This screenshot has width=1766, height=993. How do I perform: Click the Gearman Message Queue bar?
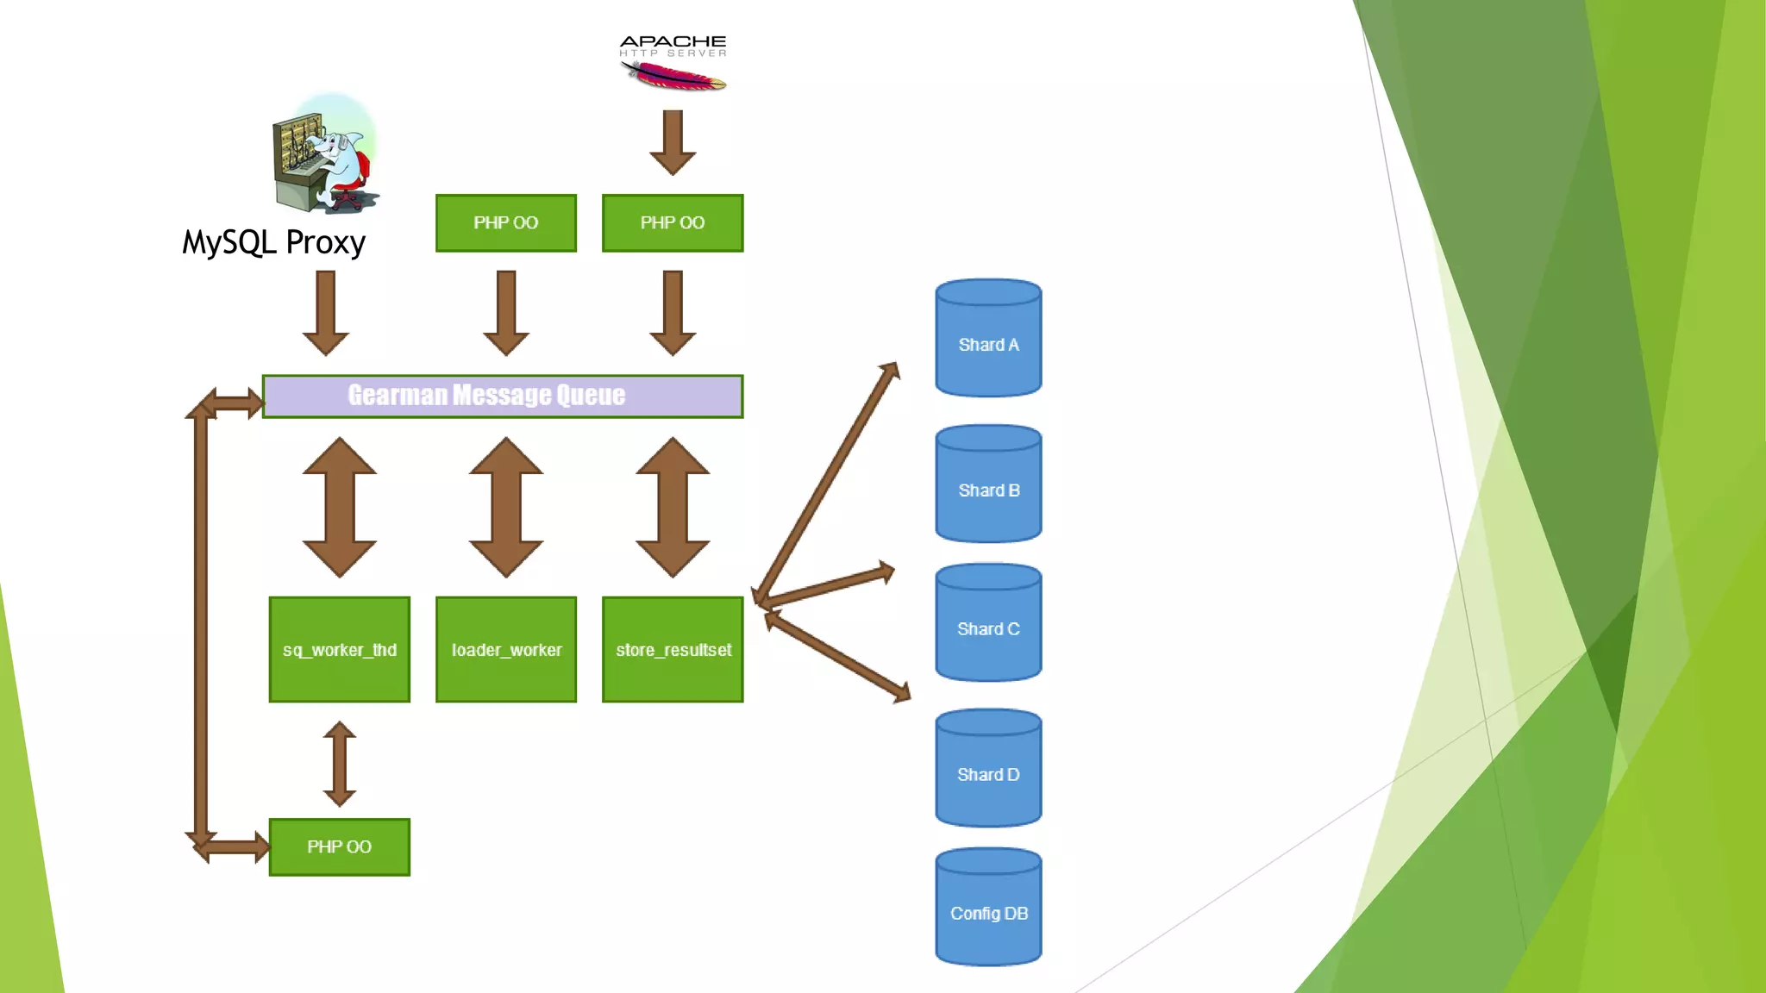click(x=502, y=396)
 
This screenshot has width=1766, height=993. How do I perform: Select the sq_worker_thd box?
click(x=339, y=649)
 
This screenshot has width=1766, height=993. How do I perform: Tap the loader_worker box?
click(x=506, y=649)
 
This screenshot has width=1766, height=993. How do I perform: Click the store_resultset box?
click(x=673, y=649)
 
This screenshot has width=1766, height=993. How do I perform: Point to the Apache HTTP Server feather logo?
click(x=673, y=77)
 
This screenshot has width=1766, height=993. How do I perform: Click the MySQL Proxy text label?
click(x=274, y=242)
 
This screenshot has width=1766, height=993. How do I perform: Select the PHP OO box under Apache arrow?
click(x=673, y=222)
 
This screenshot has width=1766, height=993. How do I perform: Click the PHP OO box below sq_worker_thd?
click(x=339, y=846)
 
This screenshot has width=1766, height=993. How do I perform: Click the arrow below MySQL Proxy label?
click(x=326, y=311)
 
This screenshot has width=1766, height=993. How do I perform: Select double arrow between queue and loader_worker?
click(x=506, y=507)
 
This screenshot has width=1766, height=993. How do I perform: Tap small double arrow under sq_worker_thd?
click(x=339, y=764)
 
